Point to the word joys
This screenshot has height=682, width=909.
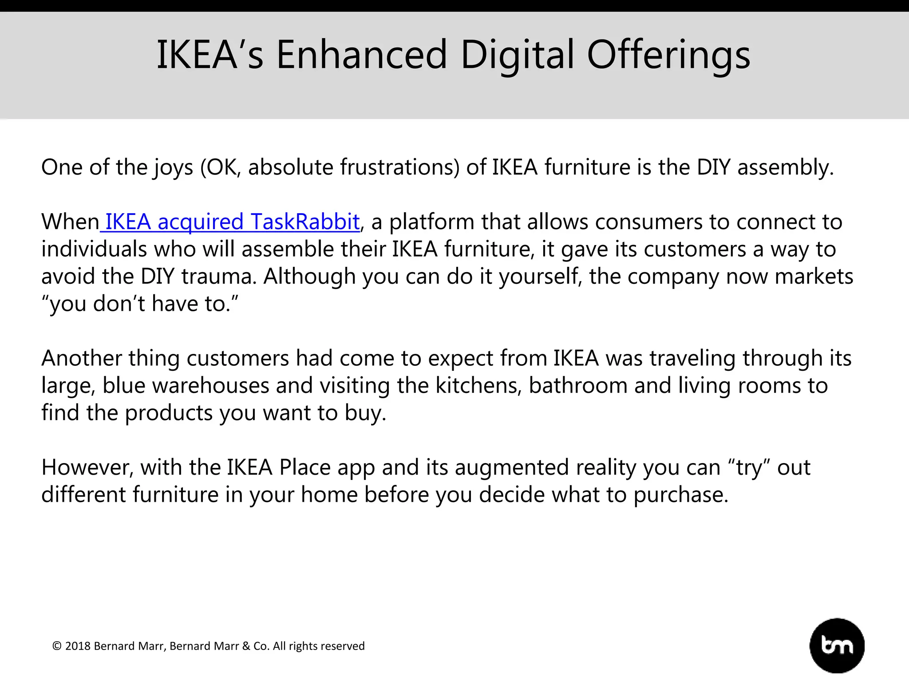174,167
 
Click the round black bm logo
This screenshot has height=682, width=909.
837,646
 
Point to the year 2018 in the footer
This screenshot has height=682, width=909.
78,646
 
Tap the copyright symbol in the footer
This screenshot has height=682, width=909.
57,646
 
